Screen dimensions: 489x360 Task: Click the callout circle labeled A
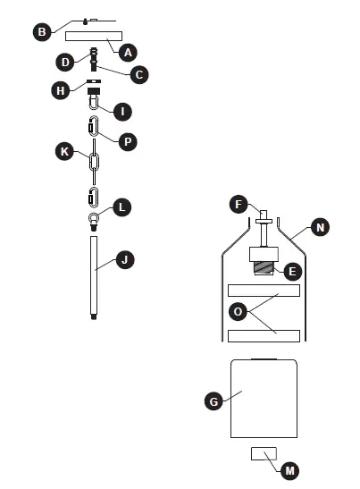pyautogui.click(x=129, y=53)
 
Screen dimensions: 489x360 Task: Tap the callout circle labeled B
pyautogui.click(x=41, y=32)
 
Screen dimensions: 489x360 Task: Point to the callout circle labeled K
pyautogui.click(x=63, y=152)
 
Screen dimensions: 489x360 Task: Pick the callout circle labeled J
pyautogui.click(x=126, y=260)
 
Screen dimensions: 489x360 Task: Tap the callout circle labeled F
pyautogui.click(x=238, y=204)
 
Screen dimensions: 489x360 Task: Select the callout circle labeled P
pyautogui.click(x=128, y=141)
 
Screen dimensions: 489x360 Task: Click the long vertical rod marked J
pyautogui.click(x=94, y=277)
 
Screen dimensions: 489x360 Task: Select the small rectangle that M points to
pyautogui.click(x=263, y=453)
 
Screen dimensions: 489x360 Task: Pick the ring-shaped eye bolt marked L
pyautogui.click(x=94, y=217)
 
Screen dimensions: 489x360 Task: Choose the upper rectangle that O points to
pyautogui.click(x=264, y=291)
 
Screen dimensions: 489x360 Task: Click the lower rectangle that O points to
pyautogui.click(x=264, y=335)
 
